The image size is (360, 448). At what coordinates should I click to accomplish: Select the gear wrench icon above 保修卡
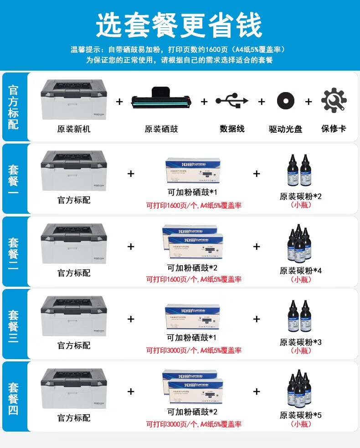click(334, 101)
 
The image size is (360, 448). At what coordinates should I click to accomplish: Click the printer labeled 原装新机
click(74, 99)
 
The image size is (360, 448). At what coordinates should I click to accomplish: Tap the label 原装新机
click(74, 129)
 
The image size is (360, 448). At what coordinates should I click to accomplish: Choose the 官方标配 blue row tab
click(14, 107)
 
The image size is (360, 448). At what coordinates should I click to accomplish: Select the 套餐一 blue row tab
click(14, 178)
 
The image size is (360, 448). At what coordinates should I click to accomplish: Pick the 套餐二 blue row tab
click(14, 251)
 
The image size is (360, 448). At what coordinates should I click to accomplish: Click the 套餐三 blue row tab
click(14, 324)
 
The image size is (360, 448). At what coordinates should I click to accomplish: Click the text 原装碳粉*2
click(301, 196)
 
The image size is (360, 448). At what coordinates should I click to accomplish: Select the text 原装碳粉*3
click(301, 342)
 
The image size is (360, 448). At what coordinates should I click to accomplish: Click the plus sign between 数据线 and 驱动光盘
click(262, 102)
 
